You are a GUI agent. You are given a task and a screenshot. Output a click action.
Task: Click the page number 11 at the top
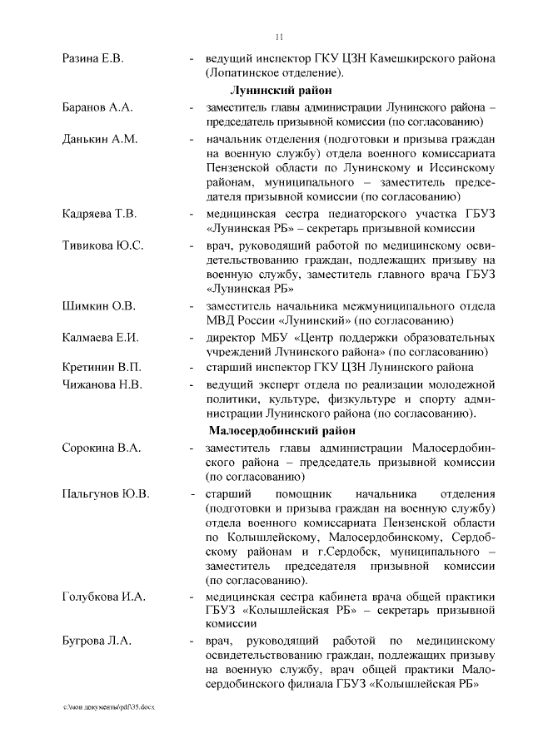point(279,36)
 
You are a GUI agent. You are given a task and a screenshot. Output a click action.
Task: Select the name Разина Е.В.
point(92,59)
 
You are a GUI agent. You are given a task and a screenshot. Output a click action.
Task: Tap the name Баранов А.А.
point(97,108)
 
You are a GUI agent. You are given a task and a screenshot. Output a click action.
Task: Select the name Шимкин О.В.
point(98,305)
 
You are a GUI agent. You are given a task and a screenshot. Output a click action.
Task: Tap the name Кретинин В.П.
point(102,367)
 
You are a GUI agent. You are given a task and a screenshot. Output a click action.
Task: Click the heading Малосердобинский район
point(281,431)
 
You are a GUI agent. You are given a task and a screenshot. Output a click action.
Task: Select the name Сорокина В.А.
point(102,448)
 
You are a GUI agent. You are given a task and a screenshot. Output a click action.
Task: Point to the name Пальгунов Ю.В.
point(106,493)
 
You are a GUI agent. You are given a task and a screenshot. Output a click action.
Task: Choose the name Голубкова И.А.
point(104,597)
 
